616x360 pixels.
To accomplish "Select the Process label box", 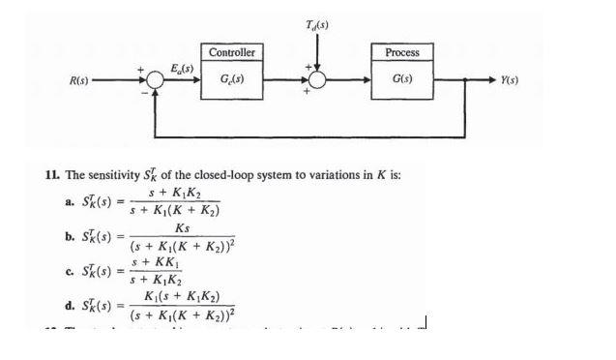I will coord(402,51).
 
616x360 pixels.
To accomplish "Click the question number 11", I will coord(53,175).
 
